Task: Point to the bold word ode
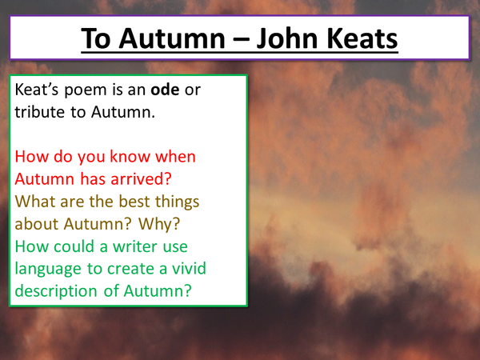(x=161, y=90)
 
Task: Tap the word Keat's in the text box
(x=38, y=90)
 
